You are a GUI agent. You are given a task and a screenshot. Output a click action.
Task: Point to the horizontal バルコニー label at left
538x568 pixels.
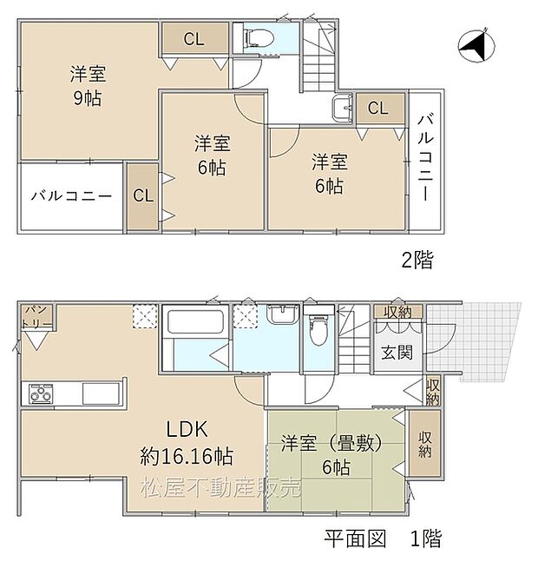coord(71,195)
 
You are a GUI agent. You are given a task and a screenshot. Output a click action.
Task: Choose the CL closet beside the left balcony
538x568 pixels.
coord(143,195)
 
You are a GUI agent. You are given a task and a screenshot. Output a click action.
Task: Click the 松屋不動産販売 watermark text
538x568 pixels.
coord(221,488)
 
